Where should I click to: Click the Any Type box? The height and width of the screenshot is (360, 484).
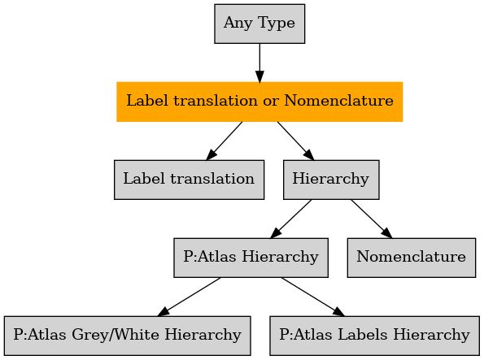(259, 24)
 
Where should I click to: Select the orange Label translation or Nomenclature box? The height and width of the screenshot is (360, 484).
(259, 102)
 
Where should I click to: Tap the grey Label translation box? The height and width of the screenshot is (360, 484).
(189, 180)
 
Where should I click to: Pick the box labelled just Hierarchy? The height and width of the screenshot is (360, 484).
(331, 180)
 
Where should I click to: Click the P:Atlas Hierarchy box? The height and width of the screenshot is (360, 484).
(251, 258)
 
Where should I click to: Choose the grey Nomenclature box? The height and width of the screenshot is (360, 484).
(411, 258)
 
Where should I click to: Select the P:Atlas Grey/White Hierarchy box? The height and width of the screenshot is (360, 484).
(127, 336)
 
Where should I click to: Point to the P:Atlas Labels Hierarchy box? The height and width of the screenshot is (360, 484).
(374, 336)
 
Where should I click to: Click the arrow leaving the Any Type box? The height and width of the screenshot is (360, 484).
(259, 63)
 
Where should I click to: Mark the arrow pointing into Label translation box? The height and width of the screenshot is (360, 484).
(224, 141)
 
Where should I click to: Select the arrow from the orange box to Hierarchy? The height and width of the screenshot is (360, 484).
(296, 141)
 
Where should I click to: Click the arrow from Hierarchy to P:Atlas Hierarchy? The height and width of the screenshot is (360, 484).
(290, 219)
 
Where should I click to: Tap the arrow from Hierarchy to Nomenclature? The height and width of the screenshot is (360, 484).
(372, 219)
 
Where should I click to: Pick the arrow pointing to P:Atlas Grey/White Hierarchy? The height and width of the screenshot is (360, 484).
(189, 297)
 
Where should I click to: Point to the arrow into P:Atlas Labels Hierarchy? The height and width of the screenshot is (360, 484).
(313, 297)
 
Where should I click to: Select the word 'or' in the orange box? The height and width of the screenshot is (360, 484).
(271, 102)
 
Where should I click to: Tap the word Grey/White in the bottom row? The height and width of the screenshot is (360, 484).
(116, 335)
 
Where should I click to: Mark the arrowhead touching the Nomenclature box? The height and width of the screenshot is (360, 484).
(387, 233)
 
